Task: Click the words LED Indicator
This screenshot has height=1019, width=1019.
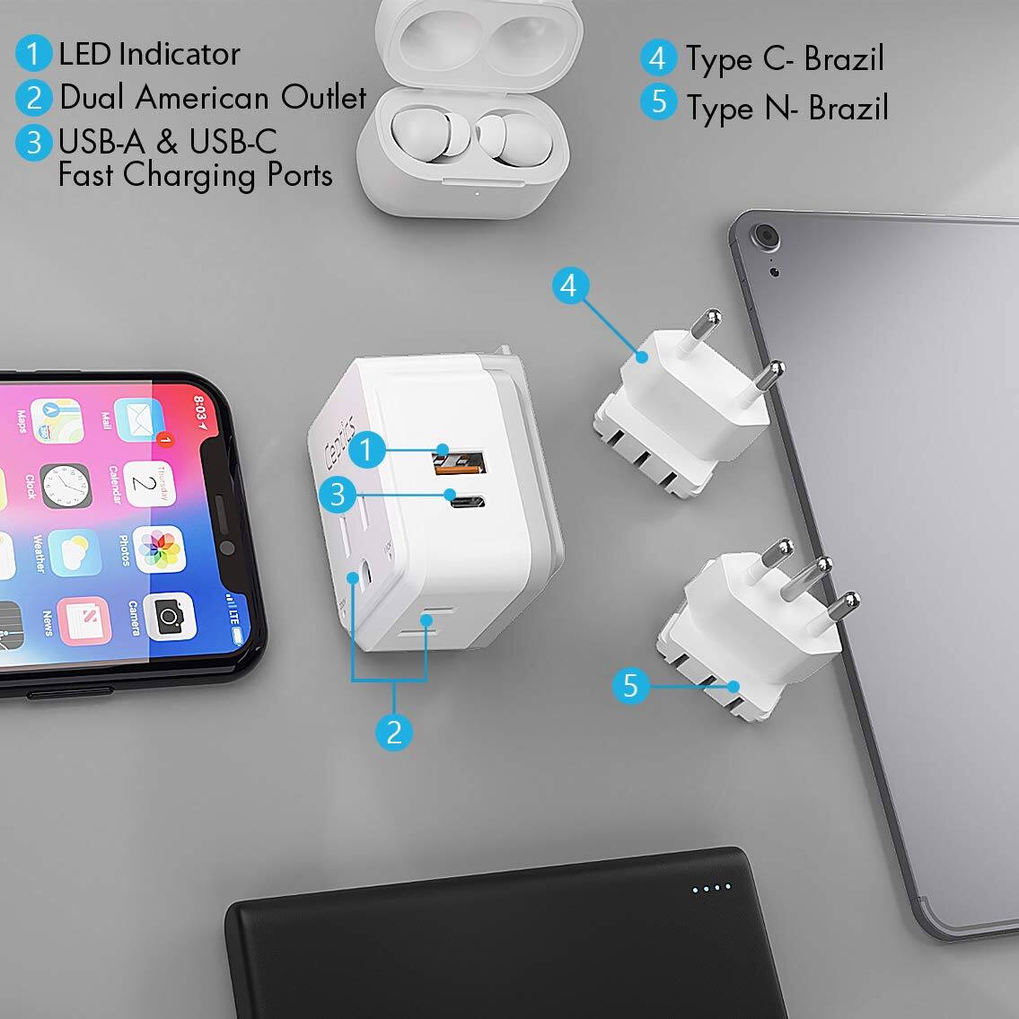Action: (x=149, y=54)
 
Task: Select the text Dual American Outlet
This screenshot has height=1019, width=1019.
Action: (x=213, y=97)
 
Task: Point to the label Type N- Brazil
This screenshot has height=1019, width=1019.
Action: (x=786, y=108)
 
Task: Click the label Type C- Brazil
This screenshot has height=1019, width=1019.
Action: (x=785, y=59)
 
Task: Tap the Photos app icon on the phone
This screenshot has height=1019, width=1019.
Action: (x=160, y=549)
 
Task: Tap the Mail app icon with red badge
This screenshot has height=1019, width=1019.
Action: (x=139, y=420)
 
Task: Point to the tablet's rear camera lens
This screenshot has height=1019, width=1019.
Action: (x=766, y=237)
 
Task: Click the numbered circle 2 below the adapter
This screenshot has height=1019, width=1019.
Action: (x=393, y=733)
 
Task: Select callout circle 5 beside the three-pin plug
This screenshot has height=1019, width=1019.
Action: (x=630, y=686)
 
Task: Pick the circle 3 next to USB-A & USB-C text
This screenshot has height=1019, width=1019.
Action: (x=33, y=143)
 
